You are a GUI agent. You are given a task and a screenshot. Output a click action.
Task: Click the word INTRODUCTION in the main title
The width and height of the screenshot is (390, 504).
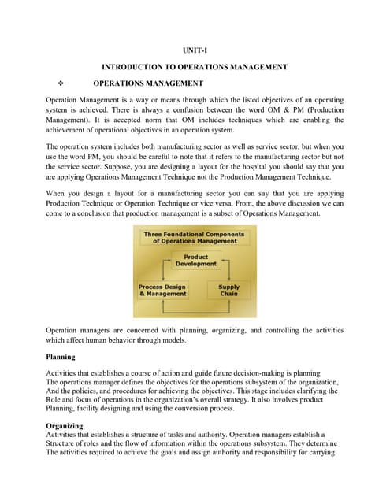point(140,67)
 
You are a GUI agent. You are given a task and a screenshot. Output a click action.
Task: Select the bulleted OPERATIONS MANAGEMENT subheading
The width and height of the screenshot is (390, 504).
point(148,83)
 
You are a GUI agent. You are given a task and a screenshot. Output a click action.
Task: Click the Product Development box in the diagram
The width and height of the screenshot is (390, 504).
point(195,261)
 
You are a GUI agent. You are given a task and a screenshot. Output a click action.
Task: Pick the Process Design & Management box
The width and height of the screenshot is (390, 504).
point(163,291)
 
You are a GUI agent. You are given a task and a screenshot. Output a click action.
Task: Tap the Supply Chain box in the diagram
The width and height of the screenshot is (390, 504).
point(229,291)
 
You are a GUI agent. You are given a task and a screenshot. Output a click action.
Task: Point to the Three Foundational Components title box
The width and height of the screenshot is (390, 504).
point(195,237)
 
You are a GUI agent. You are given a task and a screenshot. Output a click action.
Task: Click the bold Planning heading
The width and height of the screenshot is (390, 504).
point(61,357)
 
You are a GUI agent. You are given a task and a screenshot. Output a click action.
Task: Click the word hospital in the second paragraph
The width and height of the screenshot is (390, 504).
point(267,167)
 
